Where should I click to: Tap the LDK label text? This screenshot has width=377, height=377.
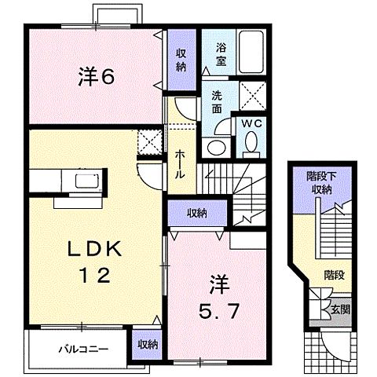(x=93, y=251)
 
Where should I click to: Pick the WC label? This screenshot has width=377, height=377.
(x=252, y=123)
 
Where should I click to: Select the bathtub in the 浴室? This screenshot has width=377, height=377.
(x=252, y=52)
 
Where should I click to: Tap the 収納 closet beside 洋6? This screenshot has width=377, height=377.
(x=181, y=58)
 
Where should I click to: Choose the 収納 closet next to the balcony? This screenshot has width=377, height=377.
(x=147, y=344)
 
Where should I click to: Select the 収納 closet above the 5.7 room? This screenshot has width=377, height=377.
(x=197, y=213)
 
